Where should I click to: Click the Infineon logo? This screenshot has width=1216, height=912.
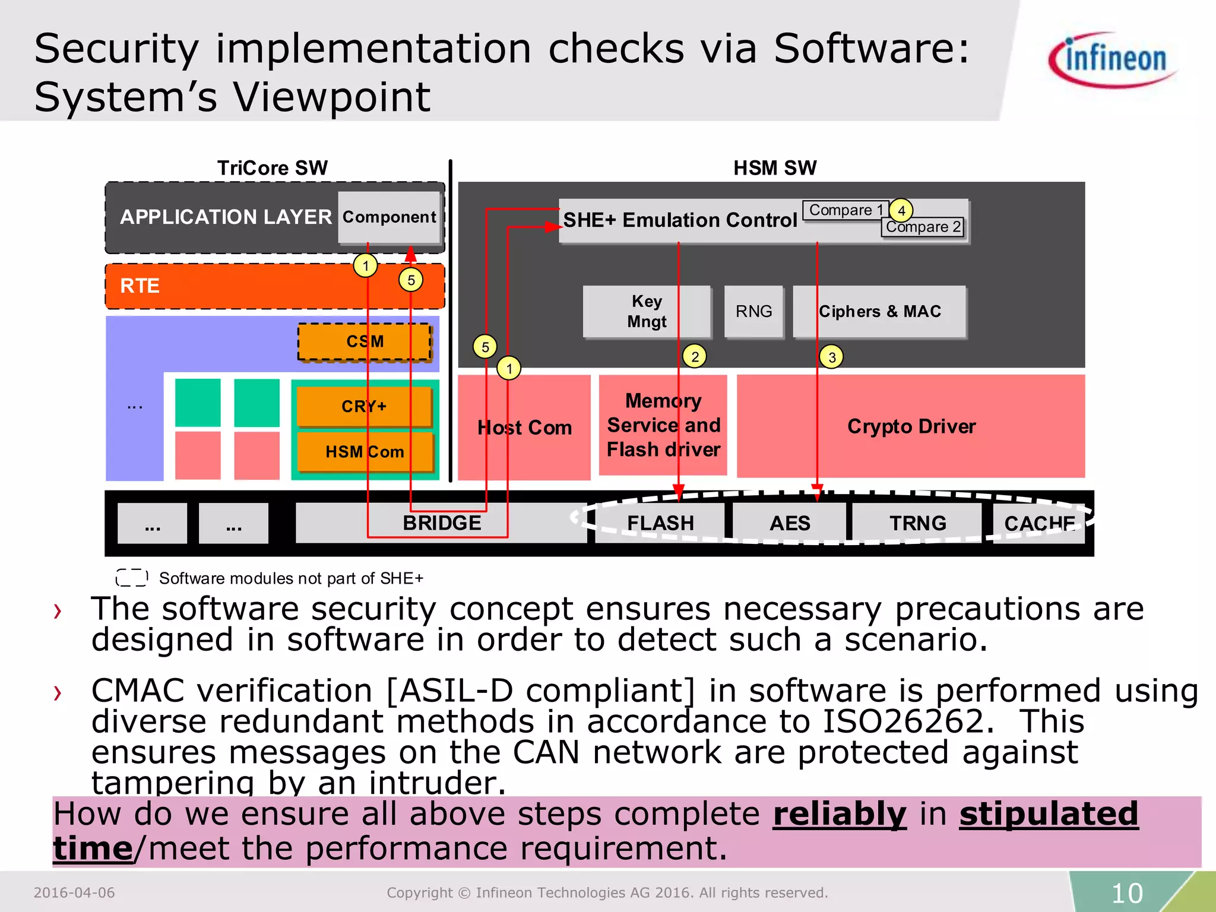tap(1114, 59)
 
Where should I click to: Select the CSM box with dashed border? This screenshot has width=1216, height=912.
tap(365, 342)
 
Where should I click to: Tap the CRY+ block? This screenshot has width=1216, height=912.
tap(364, 406)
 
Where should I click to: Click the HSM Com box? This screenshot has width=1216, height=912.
tap(365, 452)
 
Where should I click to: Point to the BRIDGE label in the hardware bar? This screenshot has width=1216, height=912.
tap(442, 523)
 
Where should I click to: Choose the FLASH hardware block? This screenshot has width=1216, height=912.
tap(660, 523)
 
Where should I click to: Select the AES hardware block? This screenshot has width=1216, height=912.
tap(789, 523)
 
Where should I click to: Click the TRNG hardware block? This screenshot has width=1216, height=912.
tap(917, 523)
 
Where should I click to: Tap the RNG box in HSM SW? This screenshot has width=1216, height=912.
tap(753, 312)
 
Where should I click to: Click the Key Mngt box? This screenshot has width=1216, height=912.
tap(647, 312)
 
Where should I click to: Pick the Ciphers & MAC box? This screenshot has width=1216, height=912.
tap(879, 312)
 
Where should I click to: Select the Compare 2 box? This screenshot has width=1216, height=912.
tap(923, 227)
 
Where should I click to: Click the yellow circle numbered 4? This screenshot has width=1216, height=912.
tap(901, 210)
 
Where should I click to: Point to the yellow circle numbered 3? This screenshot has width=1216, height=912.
tap(832, 357)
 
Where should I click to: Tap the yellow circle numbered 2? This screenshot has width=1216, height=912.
tap(695, 356)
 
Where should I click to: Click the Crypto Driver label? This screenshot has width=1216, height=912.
tap(911, 426)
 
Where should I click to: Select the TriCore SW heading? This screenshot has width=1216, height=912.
tap(272, 168)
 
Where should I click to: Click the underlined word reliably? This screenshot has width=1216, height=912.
tap(840, 814)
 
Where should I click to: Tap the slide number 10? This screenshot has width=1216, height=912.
tap(1126, 893)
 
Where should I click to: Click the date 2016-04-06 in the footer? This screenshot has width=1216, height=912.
tap(74, 892)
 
